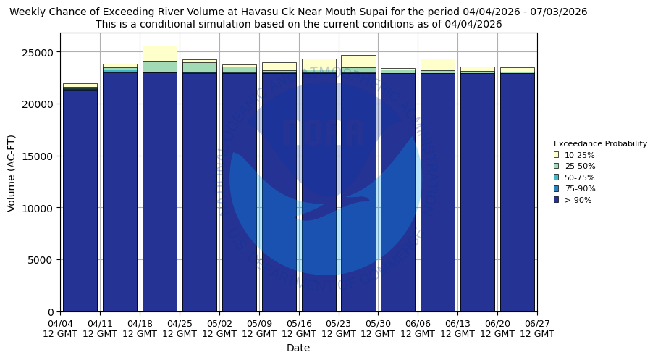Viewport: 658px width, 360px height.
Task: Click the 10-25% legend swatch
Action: (x=556, y=155)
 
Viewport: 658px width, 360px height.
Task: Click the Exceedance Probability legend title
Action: (x=600, y=143)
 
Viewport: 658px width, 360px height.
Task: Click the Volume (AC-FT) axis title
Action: (x=11, y=172)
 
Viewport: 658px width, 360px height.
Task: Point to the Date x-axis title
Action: (x=298, y=348)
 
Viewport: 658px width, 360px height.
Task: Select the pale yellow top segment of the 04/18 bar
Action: (x=159, y=53)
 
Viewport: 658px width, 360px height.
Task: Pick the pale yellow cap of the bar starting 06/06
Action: (x=437, y=64)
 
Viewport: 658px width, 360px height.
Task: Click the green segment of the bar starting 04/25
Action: (x=199, y=67)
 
